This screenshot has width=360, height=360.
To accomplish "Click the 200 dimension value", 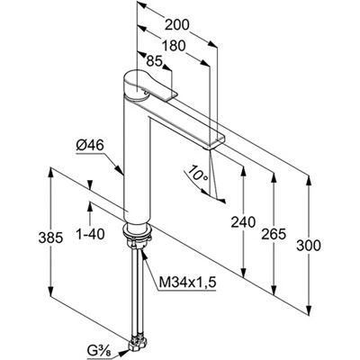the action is tap(177, 25).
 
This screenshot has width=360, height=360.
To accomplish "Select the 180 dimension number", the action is tap(174, 46).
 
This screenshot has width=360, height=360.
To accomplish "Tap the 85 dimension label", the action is tap(154, 61).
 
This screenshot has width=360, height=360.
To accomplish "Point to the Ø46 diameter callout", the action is tap(90, 146).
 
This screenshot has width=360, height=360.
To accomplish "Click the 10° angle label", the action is tap(197, 174).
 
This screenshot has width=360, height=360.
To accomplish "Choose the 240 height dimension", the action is tap(243, 222).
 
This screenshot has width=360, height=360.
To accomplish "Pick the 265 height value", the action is tap(274, 234).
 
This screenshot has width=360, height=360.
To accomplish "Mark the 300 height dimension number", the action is tap(309, 246).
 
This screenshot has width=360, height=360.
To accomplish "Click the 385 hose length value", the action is tap(50, 238).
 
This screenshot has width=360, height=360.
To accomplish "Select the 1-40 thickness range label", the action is tap(90, 234).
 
